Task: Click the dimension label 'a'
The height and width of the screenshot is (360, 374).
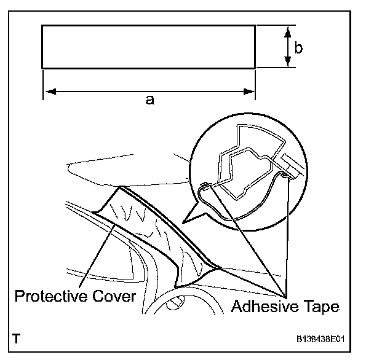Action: [x=149, y=100]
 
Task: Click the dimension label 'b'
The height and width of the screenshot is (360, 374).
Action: [x=298, y=48]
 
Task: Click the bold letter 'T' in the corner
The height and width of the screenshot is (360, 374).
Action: [x=17, y=338]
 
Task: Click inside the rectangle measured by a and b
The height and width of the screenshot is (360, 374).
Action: [x=148, y=46]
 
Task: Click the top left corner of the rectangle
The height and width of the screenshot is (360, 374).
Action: [x=42, y=25]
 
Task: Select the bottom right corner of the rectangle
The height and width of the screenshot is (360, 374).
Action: [x=255, y=68]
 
